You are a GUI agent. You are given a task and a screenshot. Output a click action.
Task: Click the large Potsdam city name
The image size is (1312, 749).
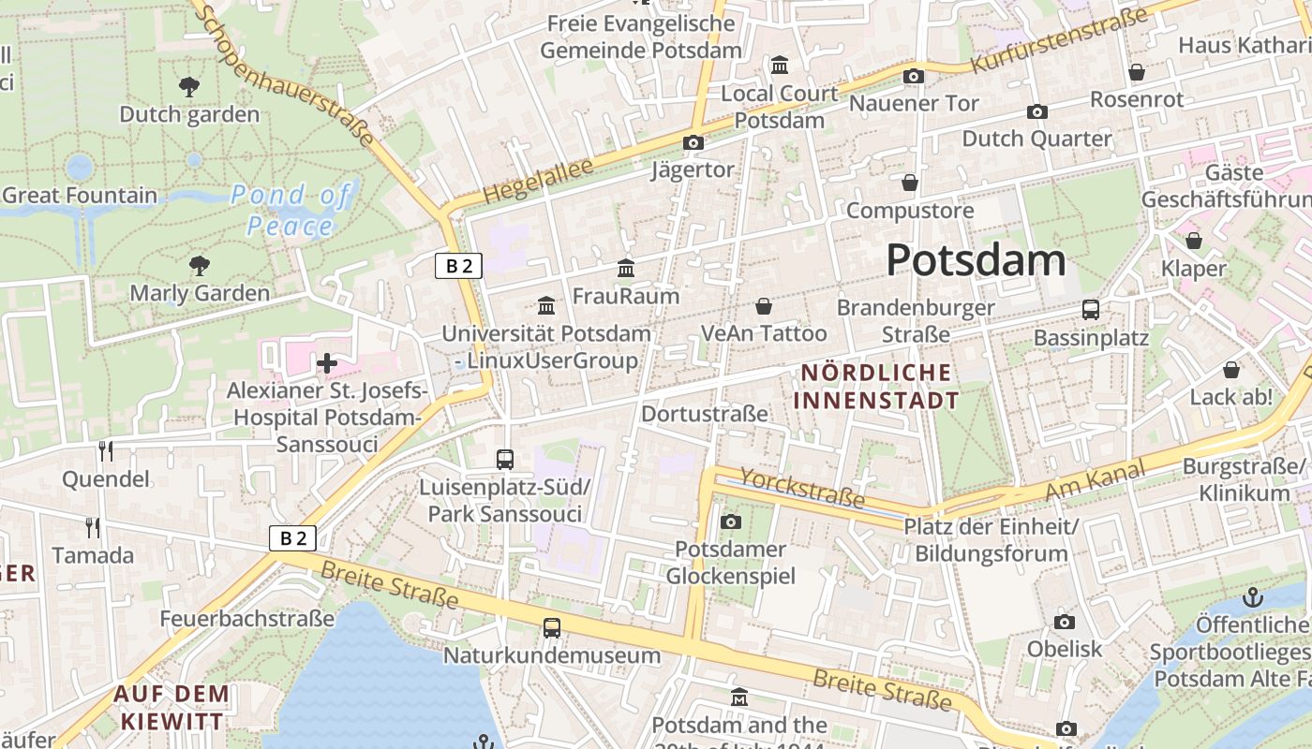tap(976, 259)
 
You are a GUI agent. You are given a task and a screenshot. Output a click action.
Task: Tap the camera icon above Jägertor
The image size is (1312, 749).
tap(693, 142)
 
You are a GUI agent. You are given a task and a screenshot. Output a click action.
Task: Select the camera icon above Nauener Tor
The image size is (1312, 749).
tap(913, 76)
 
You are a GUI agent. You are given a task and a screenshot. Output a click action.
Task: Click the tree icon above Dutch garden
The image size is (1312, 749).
tap(189, 87)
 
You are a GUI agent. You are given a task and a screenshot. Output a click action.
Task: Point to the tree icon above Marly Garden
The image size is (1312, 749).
tap(199, 266)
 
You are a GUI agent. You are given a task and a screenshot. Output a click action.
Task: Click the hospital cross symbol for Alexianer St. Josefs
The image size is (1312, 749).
tap(327, 362)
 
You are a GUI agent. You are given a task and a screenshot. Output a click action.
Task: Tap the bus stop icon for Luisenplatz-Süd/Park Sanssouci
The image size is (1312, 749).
tap(505, 459)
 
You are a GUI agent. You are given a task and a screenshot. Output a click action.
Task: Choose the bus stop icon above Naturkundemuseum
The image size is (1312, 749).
tap(552, 628)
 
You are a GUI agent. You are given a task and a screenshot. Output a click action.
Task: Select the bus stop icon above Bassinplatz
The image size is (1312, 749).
tap(1091, 310)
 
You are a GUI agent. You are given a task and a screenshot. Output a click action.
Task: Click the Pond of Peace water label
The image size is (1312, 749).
tap(291, 210)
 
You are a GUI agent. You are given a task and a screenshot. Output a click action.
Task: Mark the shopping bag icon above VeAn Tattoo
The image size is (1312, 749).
tap(764, 306)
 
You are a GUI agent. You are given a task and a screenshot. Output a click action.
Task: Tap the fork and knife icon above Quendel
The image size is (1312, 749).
tap(106, 451)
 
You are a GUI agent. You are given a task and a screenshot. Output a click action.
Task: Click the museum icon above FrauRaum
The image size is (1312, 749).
tap(626, 270)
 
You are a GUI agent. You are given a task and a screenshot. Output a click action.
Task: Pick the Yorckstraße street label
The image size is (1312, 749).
tap(802, 487)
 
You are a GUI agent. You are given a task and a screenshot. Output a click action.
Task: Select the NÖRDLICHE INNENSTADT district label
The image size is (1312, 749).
tap(876, 387)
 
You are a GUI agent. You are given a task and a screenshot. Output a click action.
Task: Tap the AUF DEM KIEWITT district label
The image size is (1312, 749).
tap(171, 707)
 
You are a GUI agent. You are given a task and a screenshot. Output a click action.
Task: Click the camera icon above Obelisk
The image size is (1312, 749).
tap(1064, 622)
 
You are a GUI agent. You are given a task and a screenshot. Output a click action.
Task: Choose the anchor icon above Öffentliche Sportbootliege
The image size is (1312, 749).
tap(1252, 596)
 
